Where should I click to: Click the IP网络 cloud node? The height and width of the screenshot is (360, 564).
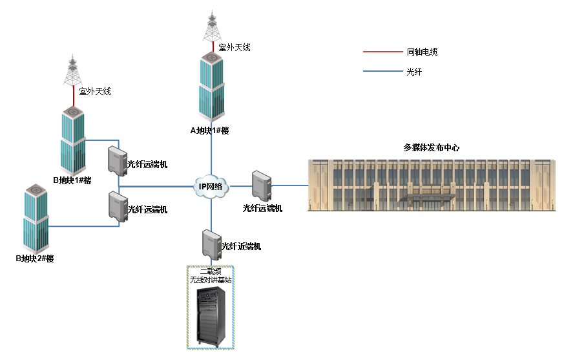pos(211,187)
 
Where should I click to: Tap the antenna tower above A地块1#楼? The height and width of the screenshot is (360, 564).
pos(212,27)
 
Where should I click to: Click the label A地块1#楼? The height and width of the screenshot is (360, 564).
pos(209,131)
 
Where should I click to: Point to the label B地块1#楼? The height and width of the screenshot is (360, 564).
pos(72,180)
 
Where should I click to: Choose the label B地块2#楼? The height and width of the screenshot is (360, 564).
pos(34,259)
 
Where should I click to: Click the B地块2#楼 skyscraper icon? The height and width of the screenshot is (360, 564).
pos(36,219)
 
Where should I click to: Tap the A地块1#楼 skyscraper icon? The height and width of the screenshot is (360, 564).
pos(211,87)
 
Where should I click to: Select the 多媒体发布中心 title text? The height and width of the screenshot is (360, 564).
pos(431,147)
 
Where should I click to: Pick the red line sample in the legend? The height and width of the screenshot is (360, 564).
pos(381,52)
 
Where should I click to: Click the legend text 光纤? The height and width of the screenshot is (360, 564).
pos(413,72)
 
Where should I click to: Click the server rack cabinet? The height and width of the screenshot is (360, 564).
pos(211,317)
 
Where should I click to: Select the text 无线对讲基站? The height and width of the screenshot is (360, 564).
pos(210,280)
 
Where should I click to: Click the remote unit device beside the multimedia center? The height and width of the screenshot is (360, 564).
pos(261,185)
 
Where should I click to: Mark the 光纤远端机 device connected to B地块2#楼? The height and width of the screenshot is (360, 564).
pos(118,207)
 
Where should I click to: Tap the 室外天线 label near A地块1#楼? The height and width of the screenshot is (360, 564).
pos(234,47)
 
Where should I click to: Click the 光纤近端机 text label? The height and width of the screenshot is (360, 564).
pos(241,246)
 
